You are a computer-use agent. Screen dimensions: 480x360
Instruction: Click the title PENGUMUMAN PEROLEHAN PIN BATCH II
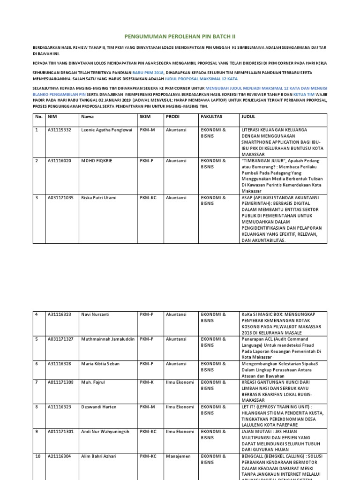pos(180,36)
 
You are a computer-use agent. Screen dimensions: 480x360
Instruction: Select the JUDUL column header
pos(248,116)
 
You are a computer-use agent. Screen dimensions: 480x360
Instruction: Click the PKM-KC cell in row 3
pos(147,198)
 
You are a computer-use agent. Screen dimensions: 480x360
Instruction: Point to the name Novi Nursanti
pos(96,315)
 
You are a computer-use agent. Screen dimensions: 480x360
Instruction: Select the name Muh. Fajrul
pos(93,382)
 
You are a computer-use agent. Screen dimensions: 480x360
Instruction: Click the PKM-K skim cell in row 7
pos(146,382)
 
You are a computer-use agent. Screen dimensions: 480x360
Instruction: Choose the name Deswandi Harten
pos(99,407)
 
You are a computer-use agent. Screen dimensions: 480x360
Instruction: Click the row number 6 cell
pos(37,364)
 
